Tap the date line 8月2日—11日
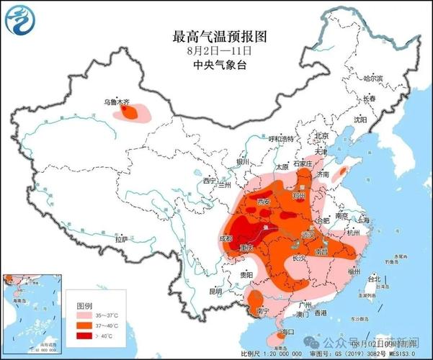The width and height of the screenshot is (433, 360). point(220,50)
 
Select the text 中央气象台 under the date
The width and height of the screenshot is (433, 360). point(220,65)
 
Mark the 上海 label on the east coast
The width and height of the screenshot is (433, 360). point(365,220)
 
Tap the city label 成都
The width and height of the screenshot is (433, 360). point(225,238)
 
